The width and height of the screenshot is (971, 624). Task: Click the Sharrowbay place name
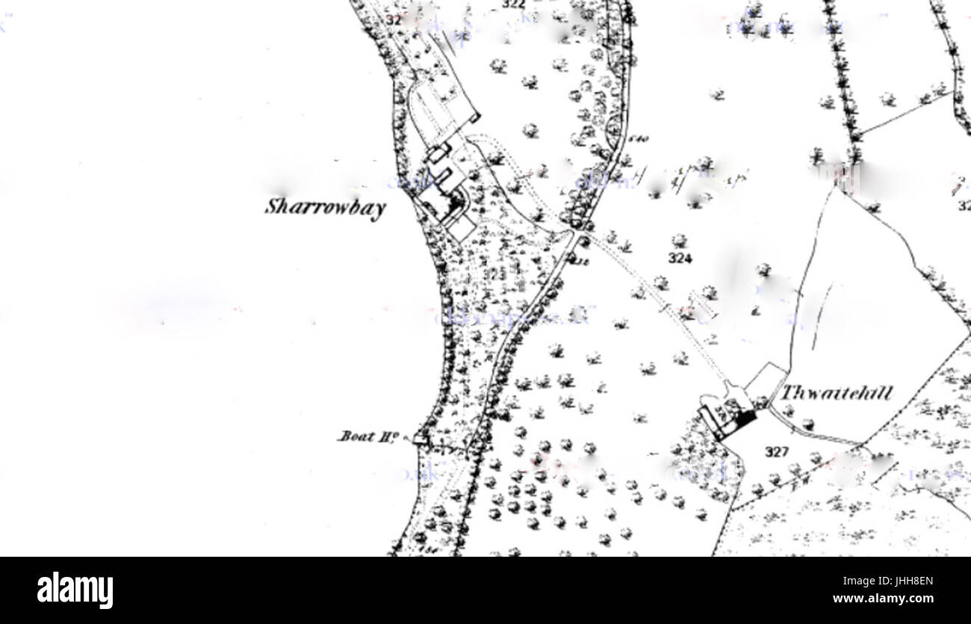[x=325, y=208]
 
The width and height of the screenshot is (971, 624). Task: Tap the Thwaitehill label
[x=836, y=392]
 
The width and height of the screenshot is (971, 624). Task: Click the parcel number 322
[x=513, y=4]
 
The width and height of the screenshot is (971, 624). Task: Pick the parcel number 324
[x=680, y=259]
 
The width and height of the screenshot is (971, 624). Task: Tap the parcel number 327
[x=777, y=451]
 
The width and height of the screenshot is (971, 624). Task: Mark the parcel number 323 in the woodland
[x=494, y=275]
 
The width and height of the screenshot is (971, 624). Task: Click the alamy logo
[x=75, y=590]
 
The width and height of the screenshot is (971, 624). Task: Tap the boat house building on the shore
[x=421, y=439]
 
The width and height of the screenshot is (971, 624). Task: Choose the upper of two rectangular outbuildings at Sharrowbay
[x=438, y=152]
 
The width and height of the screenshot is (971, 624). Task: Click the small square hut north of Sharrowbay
[x=474, y=117]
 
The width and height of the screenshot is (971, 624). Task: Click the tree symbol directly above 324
[x=678, y=241]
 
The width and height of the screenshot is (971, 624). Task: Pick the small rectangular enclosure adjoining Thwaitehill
[x=764, y=381]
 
